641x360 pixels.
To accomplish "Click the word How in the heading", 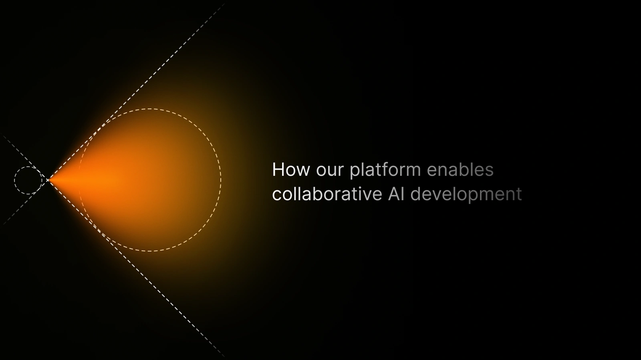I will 291,170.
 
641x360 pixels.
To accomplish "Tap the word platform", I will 385,170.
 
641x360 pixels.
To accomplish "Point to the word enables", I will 460,170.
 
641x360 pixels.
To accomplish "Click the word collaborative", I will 327,194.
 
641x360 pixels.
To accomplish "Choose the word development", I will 466,195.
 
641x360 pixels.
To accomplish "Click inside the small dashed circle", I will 28,181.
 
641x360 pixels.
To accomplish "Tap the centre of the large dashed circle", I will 149,180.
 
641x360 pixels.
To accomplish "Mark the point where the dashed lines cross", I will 48,180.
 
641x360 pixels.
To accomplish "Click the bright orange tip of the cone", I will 54,180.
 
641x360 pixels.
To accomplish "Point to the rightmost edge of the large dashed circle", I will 220,180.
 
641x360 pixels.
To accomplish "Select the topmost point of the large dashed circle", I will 149,109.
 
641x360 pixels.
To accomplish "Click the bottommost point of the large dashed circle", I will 149,251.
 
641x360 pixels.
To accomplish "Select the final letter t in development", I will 520,194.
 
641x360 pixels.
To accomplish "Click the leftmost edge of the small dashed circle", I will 14,181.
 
